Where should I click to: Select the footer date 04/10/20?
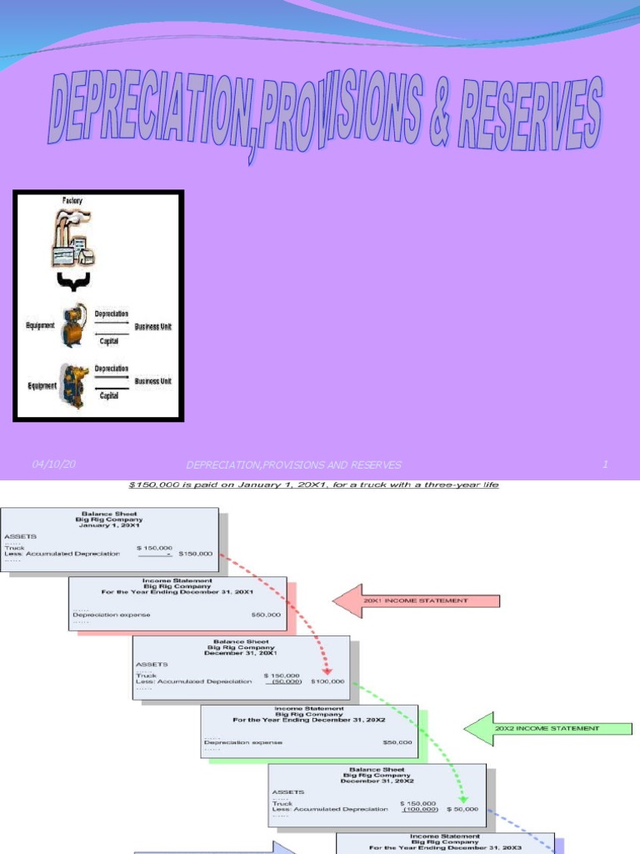pos(53,464)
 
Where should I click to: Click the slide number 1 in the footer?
pos(605,465)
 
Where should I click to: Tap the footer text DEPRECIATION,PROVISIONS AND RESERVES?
pos(293,465)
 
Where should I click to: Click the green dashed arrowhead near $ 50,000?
pos(461,797)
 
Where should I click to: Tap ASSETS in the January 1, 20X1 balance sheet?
pos(20,536)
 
